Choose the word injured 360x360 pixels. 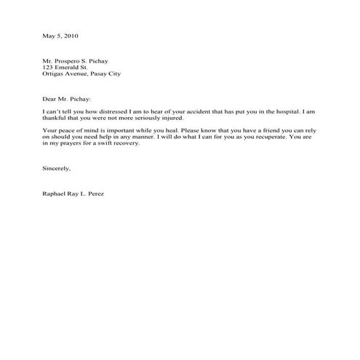175,118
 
